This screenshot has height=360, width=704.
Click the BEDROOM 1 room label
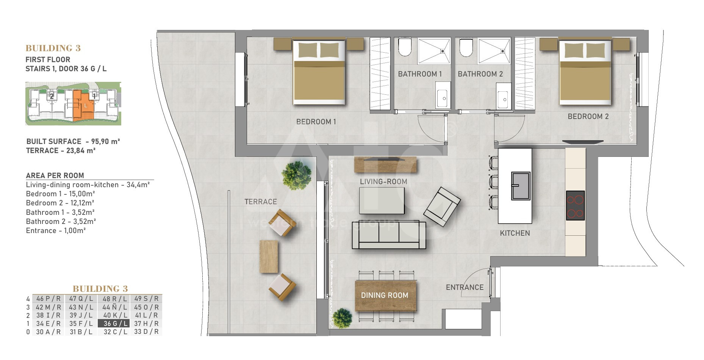pos(316,122)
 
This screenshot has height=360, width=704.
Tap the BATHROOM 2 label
pos(480,74)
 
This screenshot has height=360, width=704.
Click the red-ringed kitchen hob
pos(575,205)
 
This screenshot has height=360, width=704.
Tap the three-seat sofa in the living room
pos(389,235)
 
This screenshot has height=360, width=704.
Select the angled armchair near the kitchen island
pos(442,207)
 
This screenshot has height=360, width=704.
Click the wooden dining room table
pos(386,296)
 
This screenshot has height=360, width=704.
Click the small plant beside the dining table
pos(342,318)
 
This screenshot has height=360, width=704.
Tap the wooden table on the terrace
pos(269,257)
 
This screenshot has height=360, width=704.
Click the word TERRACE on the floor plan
pos(261,202)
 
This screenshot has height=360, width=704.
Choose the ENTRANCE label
pos(465,287)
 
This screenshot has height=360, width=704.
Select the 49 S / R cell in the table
pos(146,299)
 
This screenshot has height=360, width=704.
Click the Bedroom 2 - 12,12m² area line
pos(60,203)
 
